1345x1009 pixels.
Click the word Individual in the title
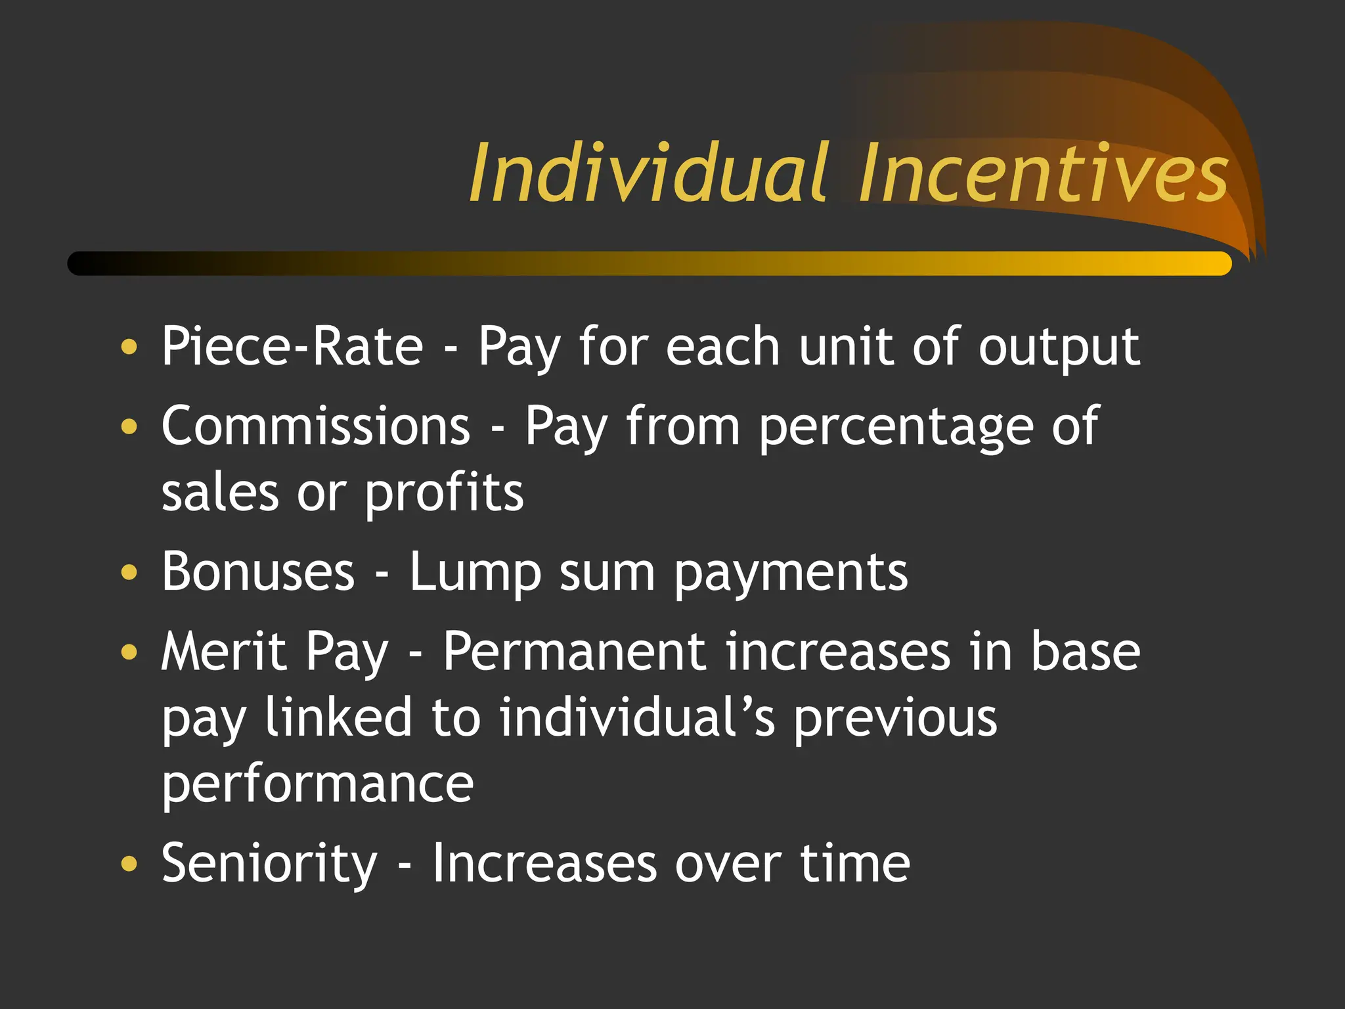point(648,173)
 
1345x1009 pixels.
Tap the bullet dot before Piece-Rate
point(130,346)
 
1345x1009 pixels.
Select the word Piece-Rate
point(292,346)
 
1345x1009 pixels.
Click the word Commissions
point(316,426)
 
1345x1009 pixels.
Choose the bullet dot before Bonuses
point(130,572)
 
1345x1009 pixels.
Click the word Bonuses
point(258,572)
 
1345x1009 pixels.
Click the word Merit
point(224,651)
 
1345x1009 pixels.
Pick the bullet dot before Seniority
point(130,863)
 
